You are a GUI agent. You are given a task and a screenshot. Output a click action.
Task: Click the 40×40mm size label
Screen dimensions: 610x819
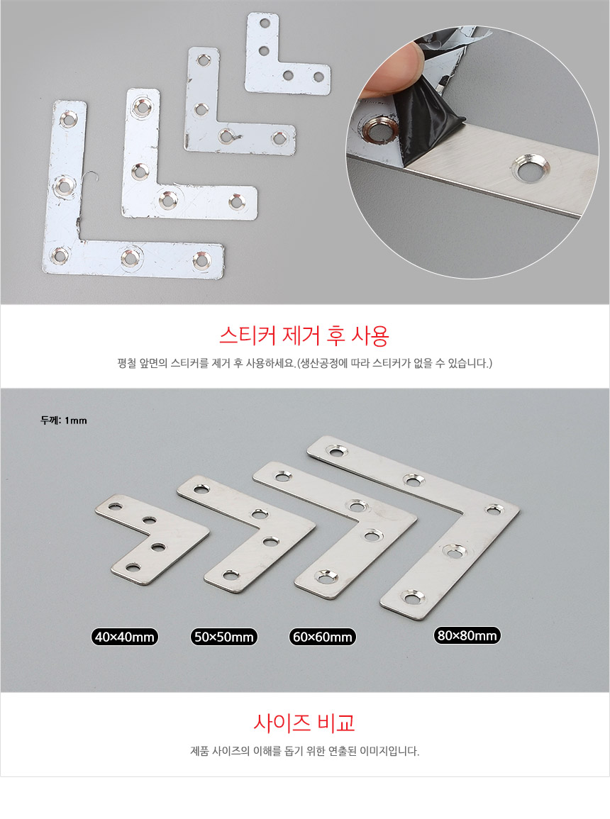pyautogui.click(x=124, y=637)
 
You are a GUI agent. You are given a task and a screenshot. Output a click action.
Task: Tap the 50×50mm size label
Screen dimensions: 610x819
pyautogui.click(x=223, y=637)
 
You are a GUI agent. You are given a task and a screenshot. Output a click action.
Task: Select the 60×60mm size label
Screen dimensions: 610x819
pyautogui.click(x=322, y=637)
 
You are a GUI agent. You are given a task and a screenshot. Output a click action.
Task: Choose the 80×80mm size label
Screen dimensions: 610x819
pyautogui.click(x=467, y=635)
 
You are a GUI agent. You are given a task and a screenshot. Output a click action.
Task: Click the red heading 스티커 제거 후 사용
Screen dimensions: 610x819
pyautogui.click(x=304, y=335)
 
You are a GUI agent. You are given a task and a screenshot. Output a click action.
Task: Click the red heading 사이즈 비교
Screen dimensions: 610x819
pyautogui.click(x=304, y=723)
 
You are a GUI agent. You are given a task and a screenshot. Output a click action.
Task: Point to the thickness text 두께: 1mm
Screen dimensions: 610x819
pyautogui.click(x=64, y=420)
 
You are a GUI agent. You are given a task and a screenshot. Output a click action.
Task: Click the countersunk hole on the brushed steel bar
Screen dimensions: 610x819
pyautogui.click(x=530, y=168)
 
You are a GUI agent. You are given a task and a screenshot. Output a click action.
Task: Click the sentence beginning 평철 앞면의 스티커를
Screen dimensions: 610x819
pyautogui.click(x=304, y=363)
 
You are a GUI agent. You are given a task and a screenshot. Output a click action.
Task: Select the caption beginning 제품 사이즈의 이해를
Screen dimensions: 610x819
pyautogui.click(x=304, y=751)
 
